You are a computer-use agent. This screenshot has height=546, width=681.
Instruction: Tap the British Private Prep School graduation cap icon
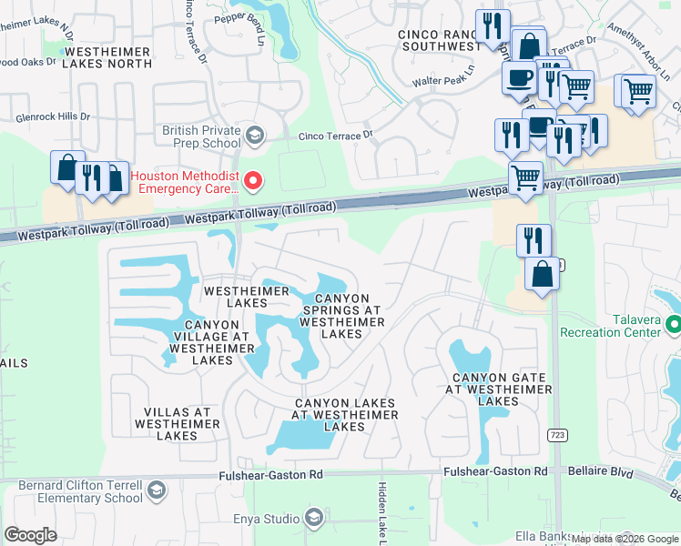pyautogui.click(x=255, y=136)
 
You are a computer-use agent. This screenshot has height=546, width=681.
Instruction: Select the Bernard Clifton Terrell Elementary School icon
pyautogui.click(x=156, y=490)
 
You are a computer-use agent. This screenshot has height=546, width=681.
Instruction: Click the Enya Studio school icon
pyautogui.click(x=314, y=519)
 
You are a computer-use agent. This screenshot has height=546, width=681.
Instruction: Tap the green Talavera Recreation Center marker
pyautogui.click(x=673, y=324)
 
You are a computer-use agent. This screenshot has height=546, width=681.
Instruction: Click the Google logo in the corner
pyautogui.click(x=30, y=535)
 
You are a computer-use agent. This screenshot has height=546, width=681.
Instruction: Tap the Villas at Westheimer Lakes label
pyautogui.click(x=177, y=423)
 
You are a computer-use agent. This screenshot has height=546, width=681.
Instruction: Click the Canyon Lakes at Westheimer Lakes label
pyautogui.click(x=344, y=414)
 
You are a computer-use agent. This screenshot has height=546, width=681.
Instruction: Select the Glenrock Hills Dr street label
pyautogui.click(x=53, y=117)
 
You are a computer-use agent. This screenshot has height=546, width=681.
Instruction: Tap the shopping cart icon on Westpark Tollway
pyautogui.click(x=525, y=177)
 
